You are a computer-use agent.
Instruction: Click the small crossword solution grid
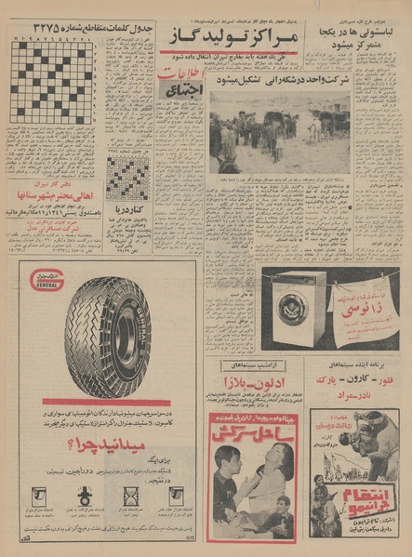pyautogui.click(x=127, y=177)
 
